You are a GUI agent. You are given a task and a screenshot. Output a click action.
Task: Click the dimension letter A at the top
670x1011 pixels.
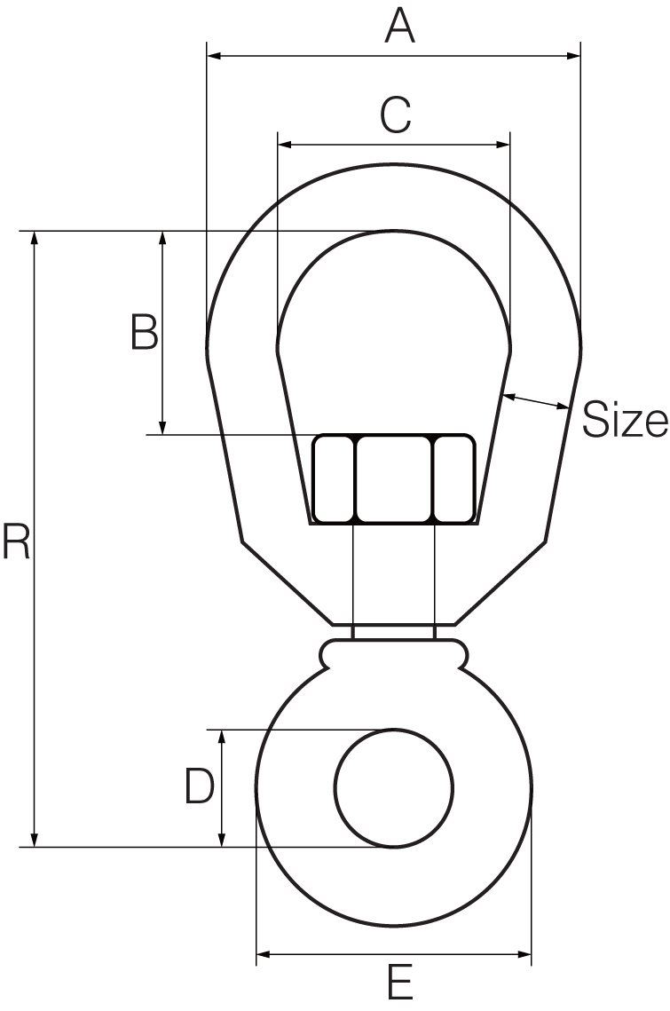coord(399,26)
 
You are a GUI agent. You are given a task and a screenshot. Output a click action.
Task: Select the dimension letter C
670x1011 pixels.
coord(395,115)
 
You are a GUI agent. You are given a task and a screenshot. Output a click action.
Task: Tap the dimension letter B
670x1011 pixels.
coord(144,332)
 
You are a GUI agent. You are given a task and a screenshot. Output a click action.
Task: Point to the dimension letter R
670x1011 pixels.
coord(16,542)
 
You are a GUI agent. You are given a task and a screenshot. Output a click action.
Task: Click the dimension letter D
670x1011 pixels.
coord(199,786)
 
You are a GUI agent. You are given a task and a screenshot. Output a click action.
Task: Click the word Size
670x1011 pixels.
coord(624,421)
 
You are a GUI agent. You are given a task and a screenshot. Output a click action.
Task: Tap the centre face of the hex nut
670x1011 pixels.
coord(394,479)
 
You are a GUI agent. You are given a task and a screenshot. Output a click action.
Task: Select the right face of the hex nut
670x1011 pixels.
coord(453,479)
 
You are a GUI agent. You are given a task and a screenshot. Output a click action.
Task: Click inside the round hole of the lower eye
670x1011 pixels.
coord(394,787)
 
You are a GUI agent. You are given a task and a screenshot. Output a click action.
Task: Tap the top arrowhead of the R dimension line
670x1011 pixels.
coord(35,239)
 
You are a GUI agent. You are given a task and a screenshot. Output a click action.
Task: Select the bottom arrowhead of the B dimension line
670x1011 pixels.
coord(162,427)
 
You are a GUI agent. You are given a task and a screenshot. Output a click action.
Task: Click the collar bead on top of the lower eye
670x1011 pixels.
coord(393,652)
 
